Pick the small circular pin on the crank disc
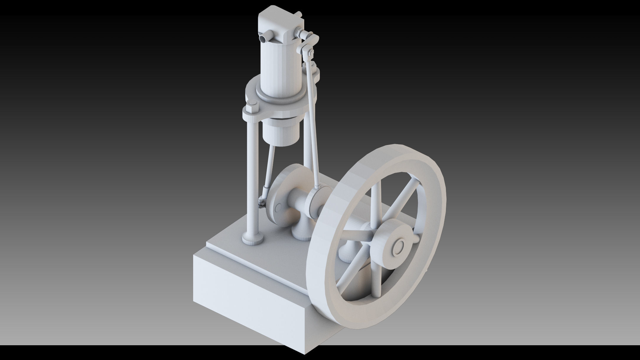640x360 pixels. pos(278,208)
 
